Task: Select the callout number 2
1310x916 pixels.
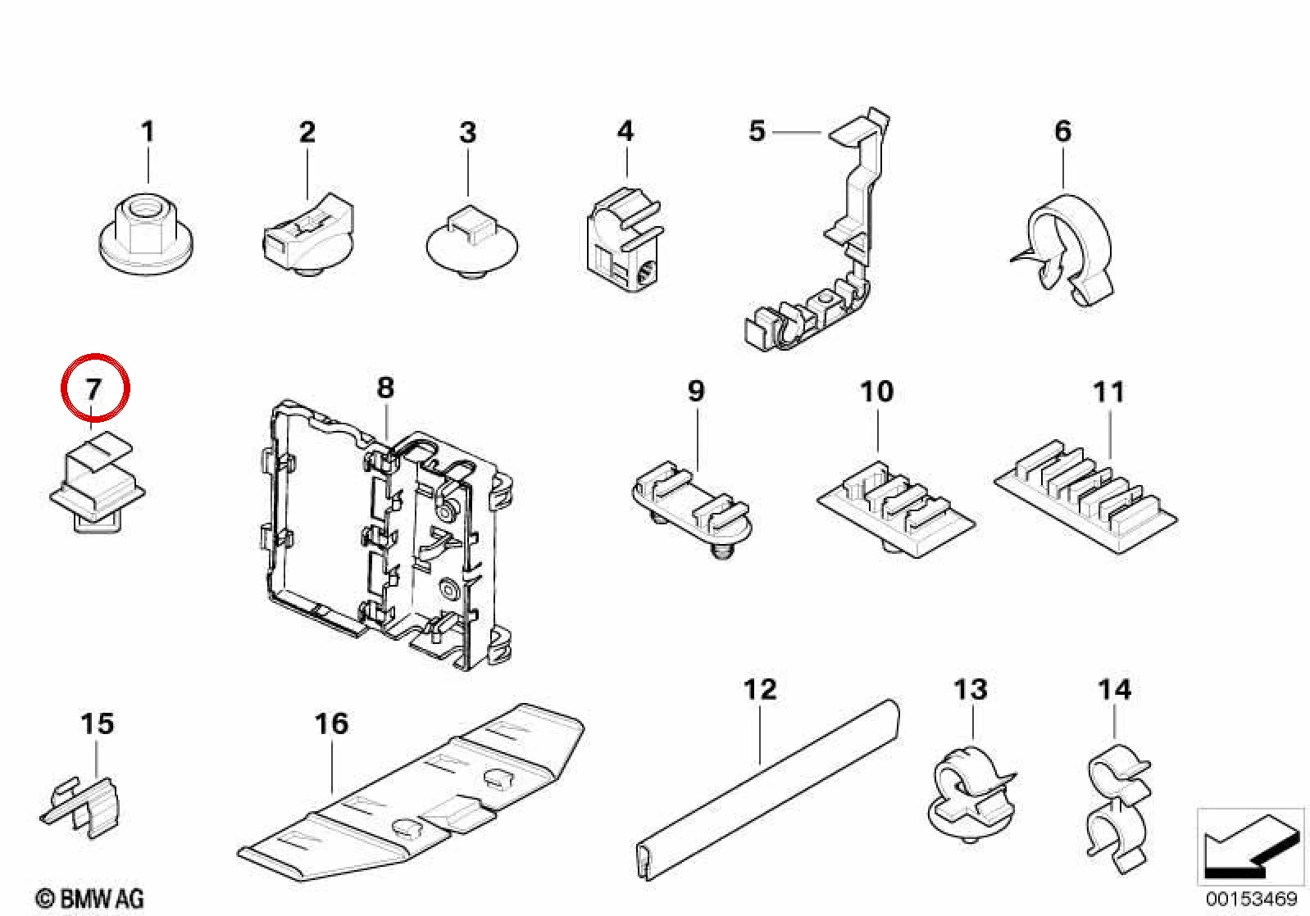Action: pos(307,132)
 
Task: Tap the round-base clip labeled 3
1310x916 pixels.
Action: pos(471,242)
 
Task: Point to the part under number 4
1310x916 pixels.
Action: pos(625,239)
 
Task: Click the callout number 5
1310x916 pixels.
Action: pos(757,131)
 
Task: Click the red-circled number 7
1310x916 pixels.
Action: pos(94,388)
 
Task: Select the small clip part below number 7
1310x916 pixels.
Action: pos(97,482)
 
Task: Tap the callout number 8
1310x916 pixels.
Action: pos(385,388)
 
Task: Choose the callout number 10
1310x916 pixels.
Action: pos(877,392)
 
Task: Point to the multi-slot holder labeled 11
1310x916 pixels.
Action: pos(1086,497)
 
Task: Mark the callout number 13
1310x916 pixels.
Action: pos(971,689)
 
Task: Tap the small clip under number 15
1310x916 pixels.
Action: pos(82,805)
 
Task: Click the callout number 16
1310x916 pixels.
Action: pos(331,723)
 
